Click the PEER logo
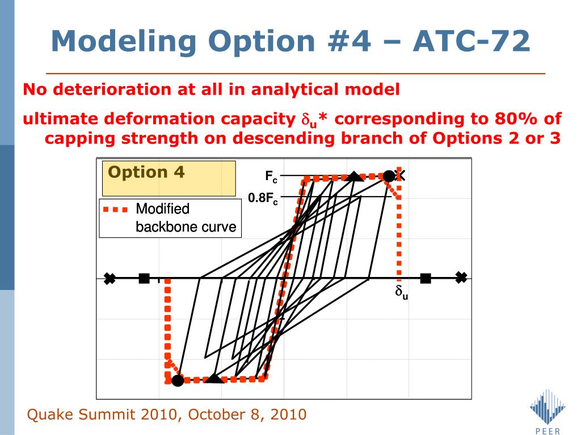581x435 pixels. [x=548, y=411]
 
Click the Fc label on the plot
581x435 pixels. [x=271, y=177]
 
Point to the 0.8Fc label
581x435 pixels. [x=263, y=199]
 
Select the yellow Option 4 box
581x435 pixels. [x=169, y=178]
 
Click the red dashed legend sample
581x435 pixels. [x=115, y=210]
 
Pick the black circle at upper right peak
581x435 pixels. [x=389, y=177]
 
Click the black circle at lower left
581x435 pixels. [x=178, y=380]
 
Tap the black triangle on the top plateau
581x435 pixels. [x=355, y=176]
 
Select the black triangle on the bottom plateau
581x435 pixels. [x=214, y=378]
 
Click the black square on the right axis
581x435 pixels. [x=426, y=278]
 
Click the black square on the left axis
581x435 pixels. [x=144, y=278]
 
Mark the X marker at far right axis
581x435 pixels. [x=461, y=278]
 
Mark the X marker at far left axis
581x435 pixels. [x=110, y=278]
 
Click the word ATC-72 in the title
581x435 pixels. [x=471, y=41]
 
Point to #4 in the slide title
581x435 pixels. [x=349, y=41]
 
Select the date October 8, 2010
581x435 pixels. [x=247, y=414]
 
